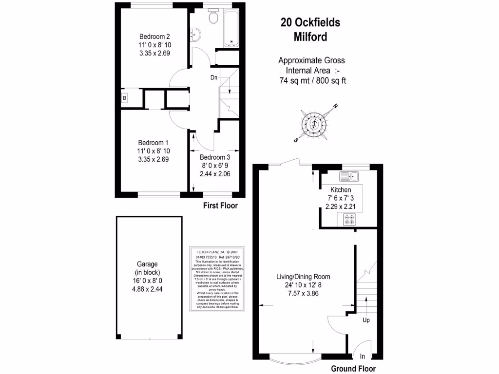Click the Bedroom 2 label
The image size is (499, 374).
154,37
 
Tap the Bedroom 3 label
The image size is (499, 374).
215,157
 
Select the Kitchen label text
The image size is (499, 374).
341,189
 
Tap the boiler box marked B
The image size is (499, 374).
125,98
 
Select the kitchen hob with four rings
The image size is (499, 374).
349,219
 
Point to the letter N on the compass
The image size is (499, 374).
335,107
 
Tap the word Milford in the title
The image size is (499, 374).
310,37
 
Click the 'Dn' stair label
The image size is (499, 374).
214,77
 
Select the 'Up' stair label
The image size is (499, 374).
365,320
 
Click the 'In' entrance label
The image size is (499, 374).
363,356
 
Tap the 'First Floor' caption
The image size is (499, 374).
220,206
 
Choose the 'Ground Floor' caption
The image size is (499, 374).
353,369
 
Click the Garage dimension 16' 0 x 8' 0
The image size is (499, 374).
150,280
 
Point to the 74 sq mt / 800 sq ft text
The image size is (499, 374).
312,81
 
